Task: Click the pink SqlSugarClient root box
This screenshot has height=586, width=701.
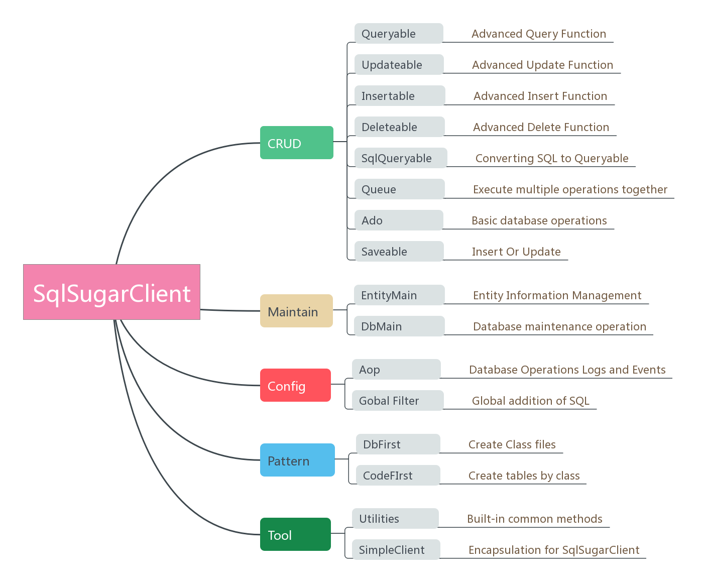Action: pos(111,292)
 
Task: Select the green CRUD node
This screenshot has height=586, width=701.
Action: pos(296,143)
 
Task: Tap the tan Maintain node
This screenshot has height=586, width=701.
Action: pos(296,311)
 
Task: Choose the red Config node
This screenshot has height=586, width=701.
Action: pos(295,386)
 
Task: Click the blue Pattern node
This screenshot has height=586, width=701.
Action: pos(297,460)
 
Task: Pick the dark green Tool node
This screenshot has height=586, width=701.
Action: pos(295,535)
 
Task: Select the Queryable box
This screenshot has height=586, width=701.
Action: pos(399,34)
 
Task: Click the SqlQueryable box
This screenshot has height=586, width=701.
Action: pos(401,158)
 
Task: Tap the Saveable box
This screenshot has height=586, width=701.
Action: pos(399,252)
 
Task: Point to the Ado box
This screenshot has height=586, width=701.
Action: pos(399,220)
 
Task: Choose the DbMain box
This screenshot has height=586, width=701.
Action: pos(399,326)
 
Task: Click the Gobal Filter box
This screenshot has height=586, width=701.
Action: pos(398,401)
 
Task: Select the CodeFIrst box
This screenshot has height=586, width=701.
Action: pos(398,476)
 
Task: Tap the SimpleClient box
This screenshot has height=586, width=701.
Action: pos(396,550)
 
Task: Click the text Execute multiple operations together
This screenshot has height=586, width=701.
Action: pos(570,189)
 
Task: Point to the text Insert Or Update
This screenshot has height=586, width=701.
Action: pos(516,252)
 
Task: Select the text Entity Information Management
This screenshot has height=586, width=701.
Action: pos(557,295)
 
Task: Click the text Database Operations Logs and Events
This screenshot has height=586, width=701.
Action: pos(567,370)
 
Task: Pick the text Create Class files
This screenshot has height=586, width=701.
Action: pos(512,444)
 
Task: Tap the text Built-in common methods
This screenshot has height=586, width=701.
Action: pos(534,519)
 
